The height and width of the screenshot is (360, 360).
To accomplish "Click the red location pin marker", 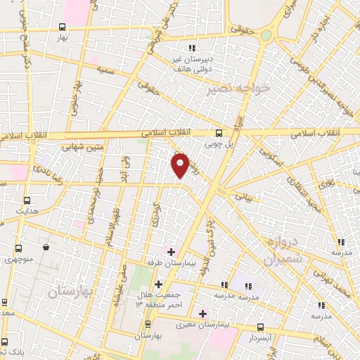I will (x=181, y=165).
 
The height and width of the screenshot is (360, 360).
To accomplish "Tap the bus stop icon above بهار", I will (x=63, y=27).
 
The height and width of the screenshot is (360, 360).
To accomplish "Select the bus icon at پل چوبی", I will (x=219, y=132).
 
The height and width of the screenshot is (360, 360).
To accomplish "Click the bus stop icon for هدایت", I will (x=27, y=200).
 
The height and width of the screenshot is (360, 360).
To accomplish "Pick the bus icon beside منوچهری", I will (x=19, y=247).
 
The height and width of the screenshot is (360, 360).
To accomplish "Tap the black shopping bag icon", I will (x=46, y=247).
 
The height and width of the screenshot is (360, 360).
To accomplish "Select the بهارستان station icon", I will (x=148, y=324).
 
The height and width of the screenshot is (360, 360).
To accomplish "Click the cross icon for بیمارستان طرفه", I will (x=171, y=251).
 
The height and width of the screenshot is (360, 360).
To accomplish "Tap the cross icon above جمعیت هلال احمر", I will (x=159, y=285).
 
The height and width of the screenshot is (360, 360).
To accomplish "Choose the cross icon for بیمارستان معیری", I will (x=203, y=314).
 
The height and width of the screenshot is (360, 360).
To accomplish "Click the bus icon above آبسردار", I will (x=261, y=326).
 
